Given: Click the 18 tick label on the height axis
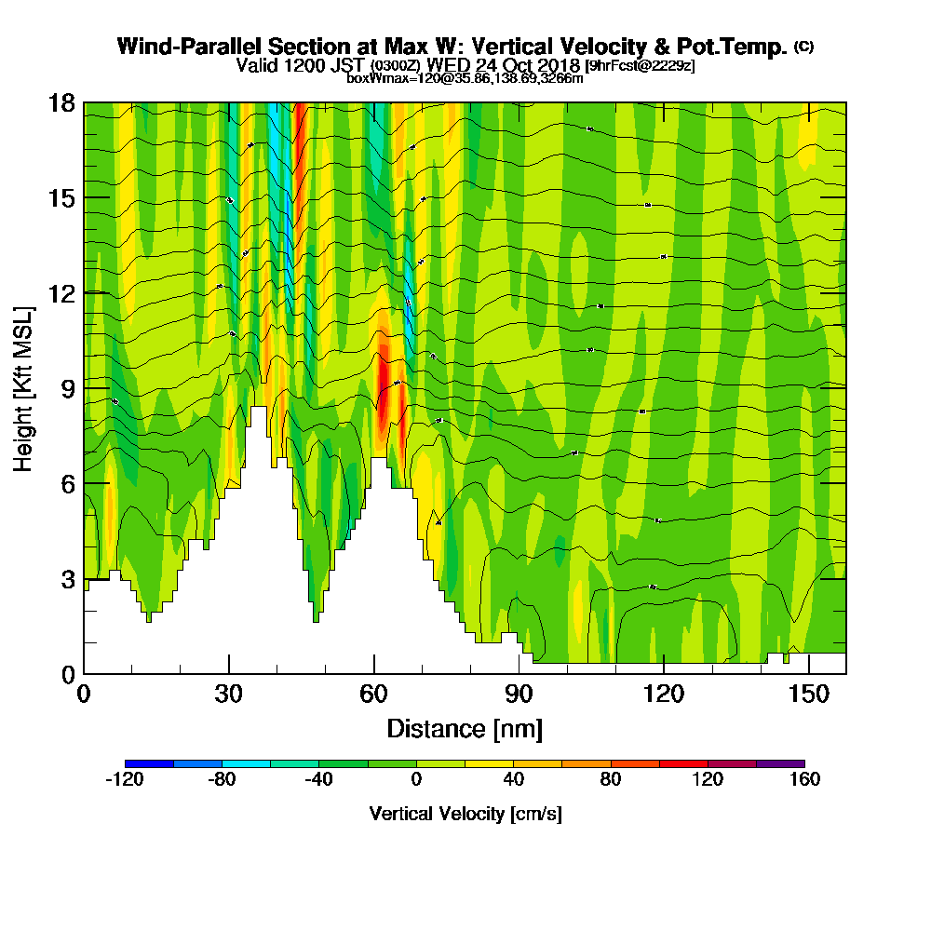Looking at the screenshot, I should coord(61,103).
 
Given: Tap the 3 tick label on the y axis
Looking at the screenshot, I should coord(66,578).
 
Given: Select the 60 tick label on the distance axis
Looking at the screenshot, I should coord(374,695).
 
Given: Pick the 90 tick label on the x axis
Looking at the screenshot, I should coord(519,695).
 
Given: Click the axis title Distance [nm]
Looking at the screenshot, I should coord(465,728).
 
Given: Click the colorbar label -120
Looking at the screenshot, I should coord(125,779).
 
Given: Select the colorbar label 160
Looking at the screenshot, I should coord(803,779).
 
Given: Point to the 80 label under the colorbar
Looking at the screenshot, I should coord(610,779).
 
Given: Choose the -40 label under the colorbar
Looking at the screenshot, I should coord(318,779).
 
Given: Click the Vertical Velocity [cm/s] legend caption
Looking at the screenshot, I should coord(465,814).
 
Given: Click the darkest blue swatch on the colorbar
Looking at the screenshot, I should coord(149,763).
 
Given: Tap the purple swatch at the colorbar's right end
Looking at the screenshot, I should coord(780,763).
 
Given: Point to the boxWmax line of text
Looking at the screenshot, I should coord(465,78).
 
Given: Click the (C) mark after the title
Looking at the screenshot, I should coord(803,46).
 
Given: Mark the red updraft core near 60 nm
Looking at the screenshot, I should coord(385,391).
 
